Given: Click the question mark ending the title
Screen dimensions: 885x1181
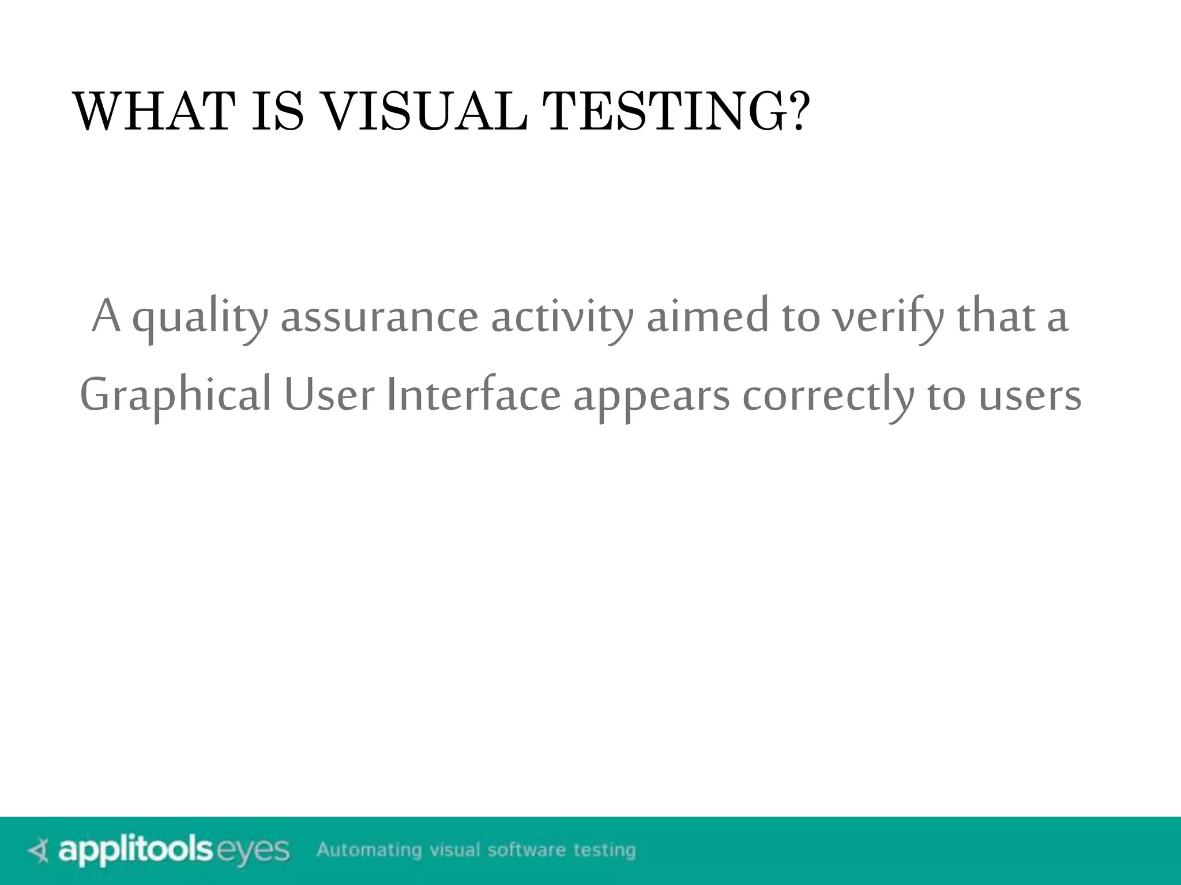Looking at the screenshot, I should click(x=798, y=112).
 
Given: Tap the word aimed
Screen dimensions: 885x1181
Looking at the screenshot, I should click(x=707, y=317).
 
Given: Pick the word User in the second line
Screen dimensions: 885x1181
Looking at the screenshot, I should click(x=329, y=395).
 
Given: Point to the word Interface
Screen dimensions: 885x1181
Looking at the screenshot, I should click(x=473, y=395).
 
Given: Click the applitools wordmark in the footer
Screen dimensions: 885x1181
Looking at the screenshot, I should click(x=136, y=850).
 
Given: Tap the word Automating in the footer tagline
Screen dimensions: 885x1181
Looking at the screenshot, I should click(x=369, y=850).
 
